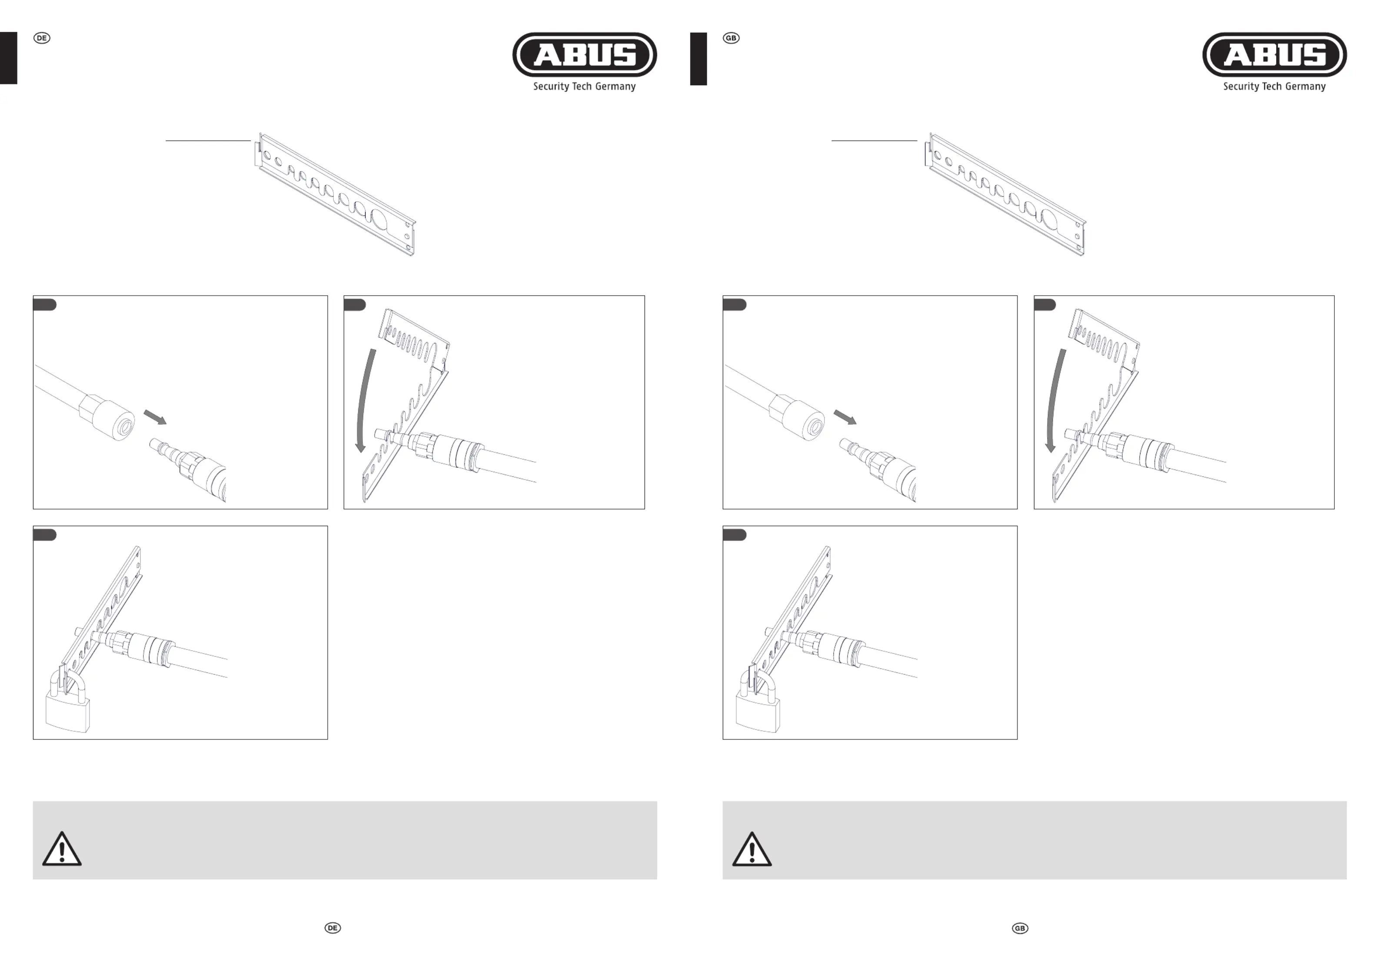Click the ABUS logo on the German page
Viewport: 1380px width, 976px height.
584,55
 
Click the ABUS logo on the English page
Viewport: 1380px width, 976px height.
1274,55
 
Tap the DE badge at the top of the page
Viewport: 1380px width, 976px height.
41,38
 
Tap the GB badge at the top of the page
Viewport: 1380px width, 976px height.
731,38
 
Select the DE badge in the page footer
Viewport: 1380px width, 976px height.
333,928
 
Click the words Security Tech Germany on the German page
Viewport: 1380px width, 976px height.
584,87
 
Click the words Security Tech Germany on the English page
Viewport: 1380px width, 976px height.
1274,87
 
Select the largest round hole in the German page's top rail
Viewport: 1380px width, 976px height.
380,220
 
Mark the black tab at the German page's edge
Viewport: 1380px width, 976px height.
8,58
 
